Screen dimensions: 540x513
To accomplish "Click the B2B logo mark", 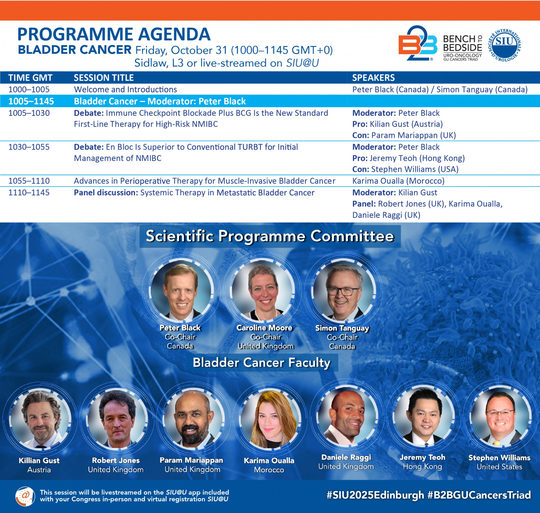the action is (x=418, y=43).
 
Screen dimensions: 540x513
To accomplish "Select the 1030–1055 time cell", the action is (x=29, y=147).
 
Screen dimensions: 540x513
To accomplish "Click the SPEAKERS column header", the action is (x=373, y=78).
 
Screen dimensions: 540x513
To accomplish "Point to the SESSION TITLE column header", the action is (x=104, y=78).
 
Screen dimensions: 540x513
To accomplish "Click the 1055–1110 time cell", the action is (x=29, y=181).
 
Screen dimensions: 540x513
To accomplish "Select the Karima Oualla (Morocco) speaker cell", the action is (x=398, y=181).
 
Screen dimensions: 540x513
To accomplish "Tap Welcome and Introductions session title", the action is (x=125, y=90).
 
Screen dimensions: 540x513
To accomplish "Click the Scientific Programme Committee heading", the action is (x=270, y=236).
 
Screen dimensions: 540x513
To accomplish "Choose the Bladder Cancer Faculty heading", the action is (x=261, y=363).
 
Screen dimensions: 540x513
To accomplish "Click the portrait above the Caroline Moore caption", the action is (x=262, y=290).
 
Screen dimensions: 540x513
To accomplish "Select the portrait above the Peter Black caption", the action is (x=181, y=290).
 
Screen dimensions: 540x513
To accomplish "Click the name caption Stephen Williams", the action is (x=499, y=458).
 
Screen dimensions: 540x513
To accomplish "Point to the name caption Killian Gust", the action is (x=39, y=461).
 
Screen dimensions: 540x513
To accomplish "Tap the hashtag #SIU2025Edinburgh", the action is (x=375, y=495).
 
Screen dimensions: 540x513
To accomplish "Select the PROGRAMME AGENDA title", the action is (x=114, y=34).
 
